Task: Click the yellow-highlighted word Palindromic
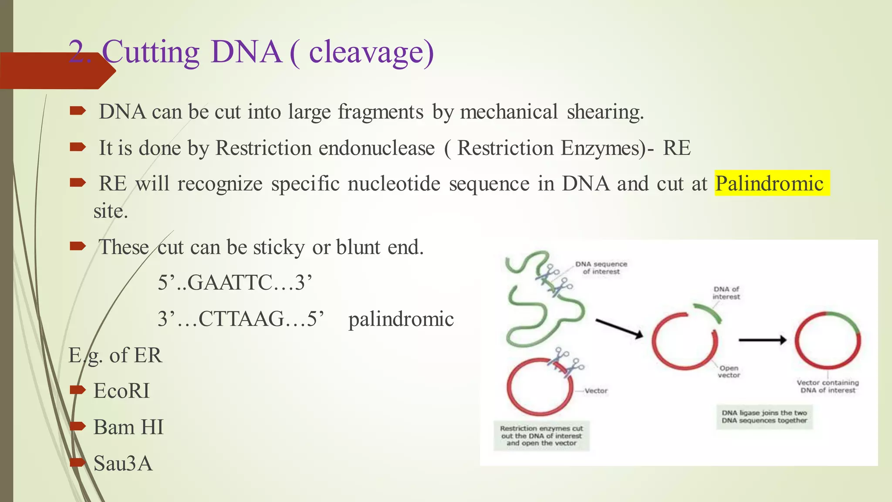[770, 183]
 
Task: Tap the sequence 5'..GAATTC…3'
[235, 283]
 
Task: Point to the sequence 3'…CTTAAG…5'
[241, 319]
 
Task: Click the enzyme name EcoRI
[122, 391]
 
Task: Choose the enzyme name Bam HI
[128, 427]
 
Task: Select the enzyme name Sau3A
[123, 463]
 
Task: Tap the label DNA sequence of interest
[601, 268]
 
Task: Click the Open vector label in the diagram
[729, 371]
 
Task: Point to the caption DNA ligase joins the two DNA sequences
[764, 417]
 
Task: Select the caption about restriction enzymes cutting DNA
[541, 436]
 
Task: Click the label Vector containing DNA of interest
[828, 386]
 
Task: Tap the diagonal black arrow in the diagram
[619, 328]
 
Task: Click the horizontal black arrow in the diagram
[762, 340]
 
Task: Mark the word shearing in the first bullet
[605, 112]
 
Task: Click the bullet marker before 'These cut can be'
[78, 246]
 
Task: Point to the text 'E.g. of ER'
[115, 355]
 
